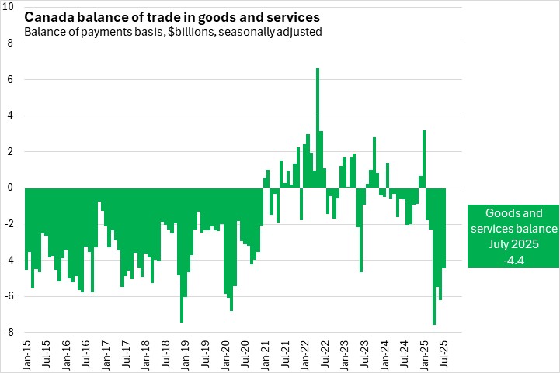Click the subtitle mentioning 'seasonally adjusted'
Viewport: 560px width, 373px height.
click(x=172, y=32)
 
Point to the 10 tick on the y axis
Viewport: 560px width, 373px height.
click(x=11, y=7)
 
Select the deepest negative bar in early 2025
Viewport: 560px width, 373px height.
click(x=434, y=256)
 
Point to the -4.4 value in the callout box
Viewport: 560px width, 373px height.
click(x=513, y=260)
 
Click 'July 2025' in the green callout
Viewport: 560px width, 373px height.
click(x=513, y=244)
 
